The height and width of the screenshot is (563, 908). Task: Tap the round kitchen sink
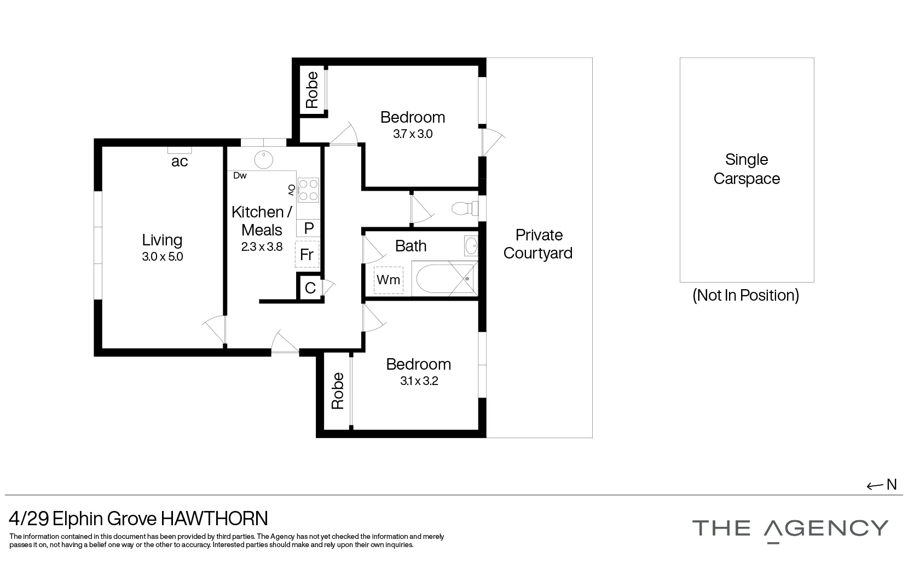[264, 159]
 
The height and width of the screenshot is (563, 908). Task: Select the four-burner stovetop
[308, 190]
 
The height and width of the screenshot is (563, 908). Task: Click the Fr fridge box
[306, 254]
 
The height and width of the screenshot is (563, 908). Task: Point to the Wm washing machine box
[389, 280]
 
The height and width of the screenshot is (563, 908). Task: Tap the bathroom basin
[471, 246]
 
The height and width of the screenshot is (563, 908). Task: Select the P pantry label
[308, 228]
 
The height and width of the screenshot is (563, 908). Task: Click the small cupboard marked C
[310, 288]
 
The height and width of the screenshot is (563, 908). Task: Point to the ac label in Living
[180, 161]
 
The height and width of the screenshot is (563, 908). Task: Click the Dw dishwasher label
[240, 176]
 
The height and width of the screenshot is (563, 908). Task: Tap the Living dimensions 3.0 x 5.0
[162, 256]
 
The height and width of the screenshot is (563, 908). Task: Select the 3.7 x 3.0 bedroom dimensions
[413, 134]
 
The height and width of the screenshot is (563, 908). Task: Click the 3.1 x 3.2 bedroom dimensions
[419, 381]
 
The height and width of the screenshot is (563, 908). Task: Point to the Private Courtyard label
[539, 244]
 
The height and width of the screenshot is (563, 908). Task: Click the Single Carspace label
[747, 169]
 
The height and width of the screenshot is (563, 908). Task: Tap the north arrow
[882, 485]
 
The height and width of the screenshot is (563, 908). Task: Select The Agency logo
[790, 528]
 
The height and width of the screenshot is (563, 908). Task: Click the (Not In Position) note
[745, 295]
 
